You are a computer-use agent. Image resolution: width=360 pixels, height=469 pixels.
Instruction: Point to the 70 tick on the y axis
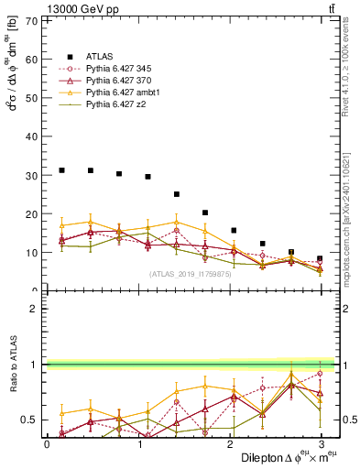(35, 19)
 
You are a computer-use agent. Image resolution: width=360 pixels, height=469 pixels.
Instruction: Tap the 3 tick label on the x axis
(321, 444)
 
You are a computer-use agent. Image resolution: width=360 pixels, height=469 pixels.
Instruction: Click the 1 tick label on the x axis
(137, 444)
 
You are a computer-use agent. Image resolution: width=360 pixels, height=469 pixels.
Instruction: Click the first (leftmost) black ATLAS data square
(61, 170)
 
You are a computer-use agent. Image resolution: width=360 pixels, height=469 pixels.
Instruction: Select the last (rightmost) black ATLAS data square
(320, 258)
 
